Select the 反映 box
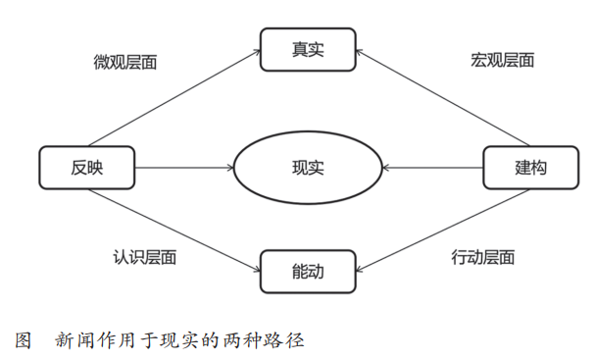point(87,168)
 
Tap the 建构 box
point(530,168)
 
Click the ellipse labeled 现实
point(307,168)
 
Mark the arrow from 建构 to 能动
point(431,229)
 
